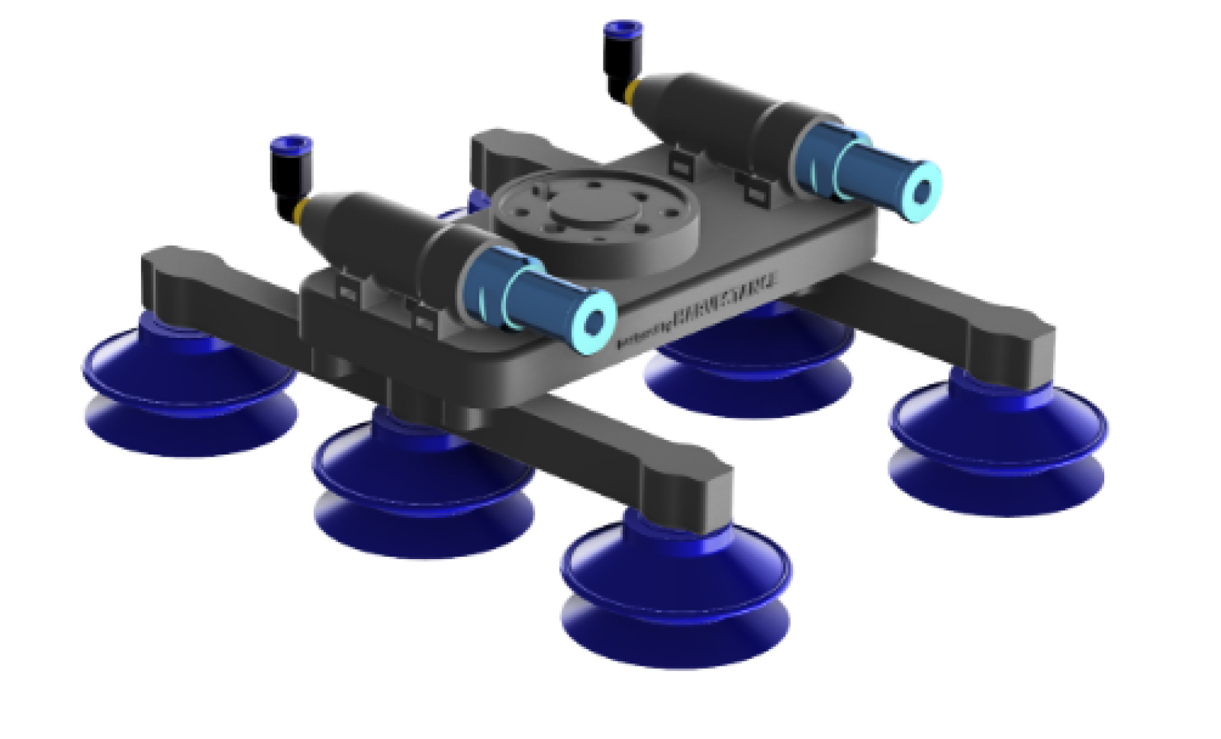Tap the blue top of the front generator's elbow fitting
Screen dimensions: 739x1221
(x=291, y=143)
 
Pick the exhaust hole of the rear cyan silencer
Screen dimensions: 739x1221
(x=921, y=190)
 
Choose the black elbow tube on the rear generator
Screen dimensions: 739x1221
(x=617, y=69)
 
